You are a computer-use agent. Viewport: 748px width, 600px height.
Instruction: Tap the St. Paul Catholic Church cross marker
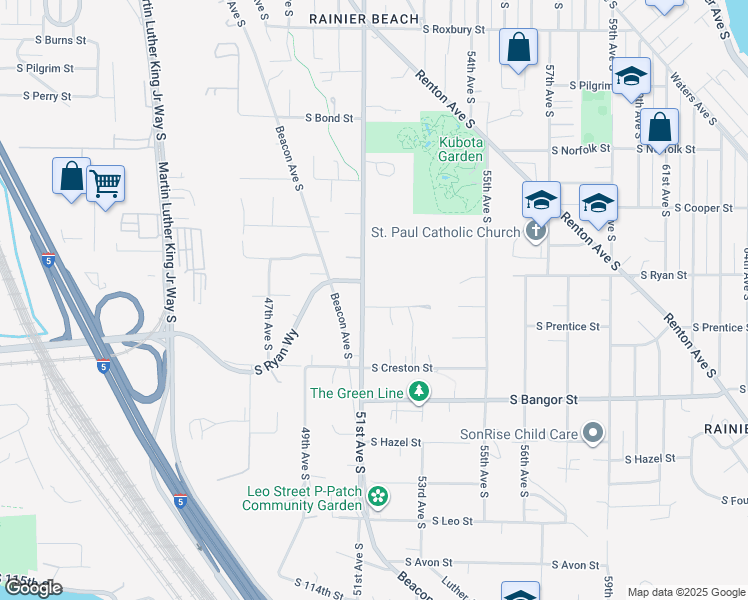coord(536,232)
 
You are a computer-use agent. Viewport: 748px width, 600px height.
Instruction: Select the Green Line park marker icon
coord(422,393)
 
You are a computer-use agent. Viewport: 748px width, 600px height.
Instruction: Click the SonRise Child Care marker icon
coord(593,434)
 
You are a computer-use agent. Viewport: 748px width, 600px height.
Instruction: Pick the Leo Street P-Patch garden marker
coord(377,496)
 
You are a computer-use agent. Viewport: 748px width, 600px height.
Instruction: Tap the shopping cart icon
coord(106,183)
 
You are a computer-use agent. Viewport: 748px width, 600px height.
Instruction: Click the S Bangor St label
coord(544,399)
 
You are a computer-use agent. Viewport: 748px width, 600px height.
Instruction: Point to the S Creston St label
coord(400,369)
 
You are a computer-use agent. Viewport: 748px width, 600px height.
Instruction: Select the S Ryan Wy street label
coord(277,353)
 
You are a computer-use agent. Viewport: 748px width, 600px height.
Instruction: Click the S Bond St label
coord(329,118)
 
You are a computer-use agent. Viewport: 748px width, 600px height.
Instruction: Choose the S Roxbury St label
coord(453,31)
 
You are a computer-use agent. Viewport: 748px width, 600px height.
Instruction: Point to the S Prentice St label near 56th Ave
coord(567,326)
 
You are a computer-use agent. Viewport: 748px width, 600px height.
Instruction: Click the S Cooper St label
coord(704,208)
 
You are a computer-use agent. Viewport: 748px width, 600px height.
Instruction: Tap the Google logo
coord(33,588)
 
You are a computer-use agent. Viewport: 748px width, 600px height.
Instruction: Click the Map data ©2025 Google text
coord(685,592)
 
